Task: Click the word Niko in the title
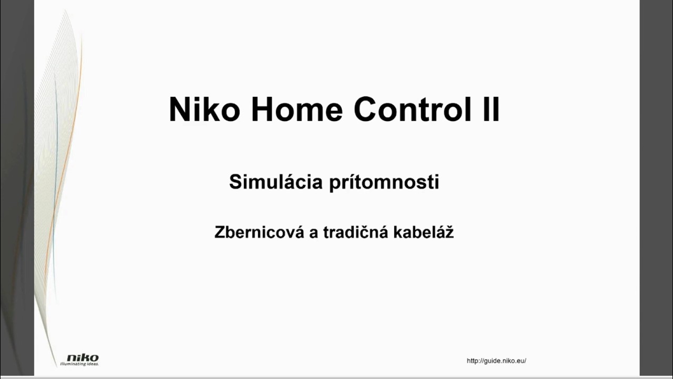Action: [204, 109]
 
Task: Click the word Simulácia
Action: [276, 182]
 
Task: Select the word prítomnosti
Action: [384, 182]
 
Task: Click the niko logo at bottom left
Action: [83, 358]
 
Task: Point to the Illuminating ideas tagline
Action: [79, 364]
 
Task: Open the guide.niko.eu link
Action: [496, 361]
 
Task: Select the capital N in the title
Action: [179, 109]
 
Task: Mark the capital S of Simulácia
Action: [234, 182]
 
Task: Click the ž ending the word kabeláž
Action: [449, 232]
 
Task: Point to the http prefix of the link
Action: [473, 361]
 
